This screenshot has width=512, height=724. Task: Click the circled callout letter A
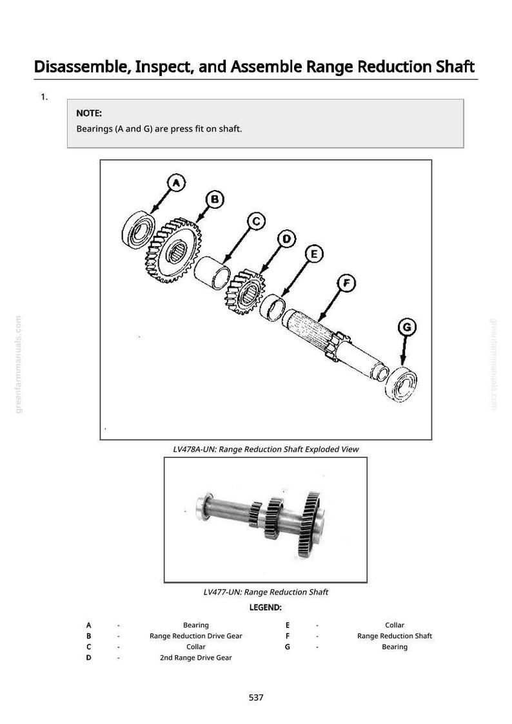pyautogui.click(x=176, y=183)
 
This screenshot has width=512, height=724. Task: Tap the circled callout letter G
pyautogui.click(x=407, y=327)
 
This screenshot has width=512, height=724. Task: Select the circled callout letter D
pyautogui.click(x=286, y=239)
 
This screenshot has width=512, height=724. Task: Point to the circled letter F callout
pyautogui.click(x=346, y=283)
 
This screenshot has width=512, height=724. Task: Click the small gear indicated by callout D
pyautogui.click(x=245, y=292)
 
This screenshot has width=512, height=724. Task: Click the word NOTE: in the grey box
pyautogui.click(x=89, y=113)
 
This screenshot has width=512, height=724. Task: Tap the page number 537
pyautogui.click(x=256, y=697)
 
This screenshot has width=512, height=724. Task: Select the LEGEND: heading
pyautogui.click(x=265, y=607)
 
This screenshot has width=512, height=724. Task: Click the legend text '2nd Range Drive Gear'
pyautogui.click(x=196, y=658)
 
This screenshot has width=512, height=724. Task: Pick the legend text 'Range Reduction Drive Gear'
pyautogui.click(x=196, y=636)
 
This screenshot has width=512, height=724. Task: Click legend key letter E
pyautogui.click(x=288, y=625)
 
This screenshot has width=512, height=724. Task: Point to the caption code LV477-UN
pyautogui.click(x=222, y=592)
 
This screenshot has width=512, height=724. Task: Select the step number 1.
pyautogui.click(x=44, y=97)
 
